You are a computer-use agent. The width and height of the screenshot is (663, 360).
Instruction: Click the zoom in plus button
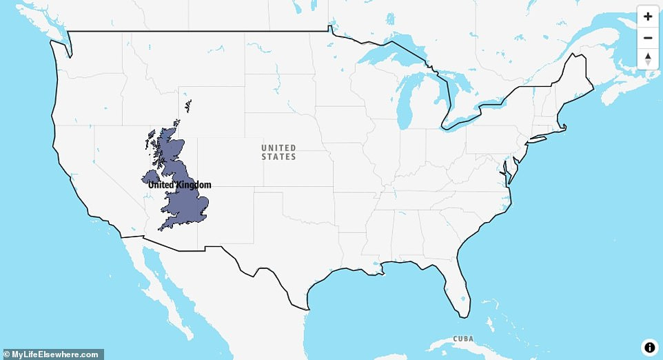[648, 17]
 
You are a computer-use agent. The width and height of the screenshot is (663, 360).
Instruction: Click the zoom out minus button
[648, 38]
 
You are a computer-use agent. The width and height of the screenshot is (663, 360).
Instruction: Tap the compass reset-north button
[648, 59]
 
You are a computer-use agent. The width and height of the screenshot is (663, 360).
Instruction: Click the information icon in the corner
[649, 347]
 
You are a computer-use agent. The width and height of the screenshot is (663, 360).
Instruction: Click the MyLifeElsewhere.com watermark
[52, 354]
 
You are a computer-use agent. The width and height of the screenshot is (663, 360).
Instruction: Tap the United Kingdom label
[179, 185]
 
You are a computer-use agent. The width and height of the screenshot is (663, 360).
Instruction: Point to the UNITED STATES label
[278, 152]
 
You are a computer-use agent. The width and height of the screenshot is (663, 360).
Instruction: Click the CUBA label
[463, 339]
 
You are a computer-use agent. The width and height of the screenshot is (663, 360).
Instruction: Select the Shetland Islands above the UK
[187, 107]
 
